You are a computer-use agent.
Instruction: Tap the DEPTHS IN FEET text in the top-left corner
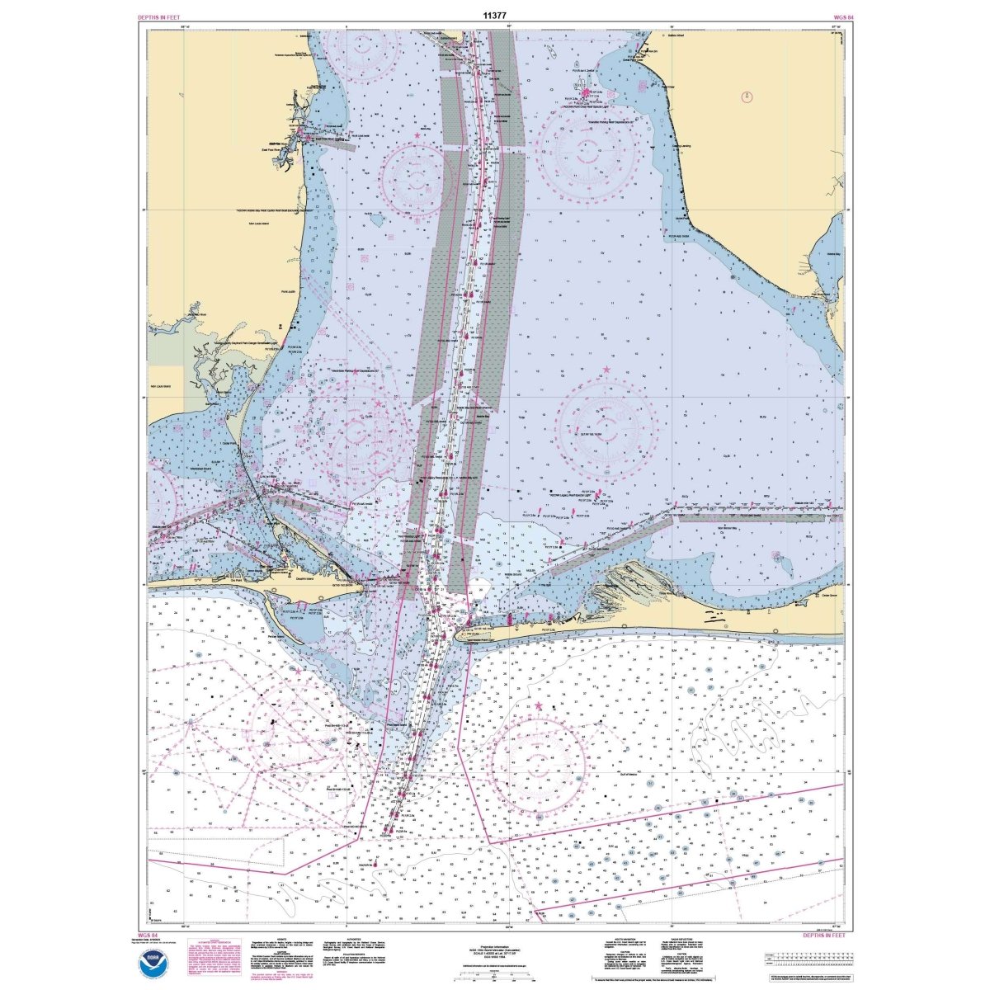coord(160,16)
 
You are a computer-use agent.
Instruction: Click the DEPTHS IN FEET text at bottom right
coord(824,935)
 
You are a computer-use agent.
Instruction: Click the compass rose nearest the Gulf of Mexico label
coord(540,763)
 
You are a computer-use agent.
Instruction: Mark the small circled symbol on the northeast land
coord(747,97)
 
